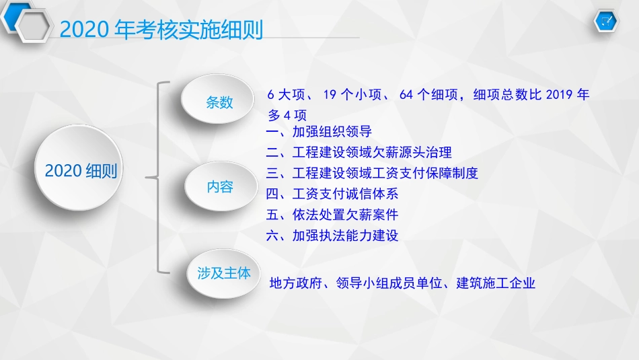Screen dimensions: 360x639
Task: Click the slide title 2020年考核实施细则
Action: click(161, 30)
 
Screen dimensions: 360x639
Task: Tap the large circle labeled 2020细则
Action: click(81, 170)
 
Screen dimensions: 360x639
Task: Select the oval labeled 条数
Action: click(219, 102)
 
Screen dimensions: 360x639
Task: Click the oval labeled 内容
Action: click(219, 186)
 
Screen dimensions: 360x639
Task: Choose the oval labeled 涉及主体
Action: click(223, 273)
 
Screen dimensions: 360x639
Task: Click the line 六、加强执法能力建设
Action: click(332, 236)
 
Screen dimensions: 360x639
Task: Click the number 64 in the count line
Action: click(406, 95)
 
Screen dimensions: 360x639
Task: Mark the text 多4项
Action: click(287, 115)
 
